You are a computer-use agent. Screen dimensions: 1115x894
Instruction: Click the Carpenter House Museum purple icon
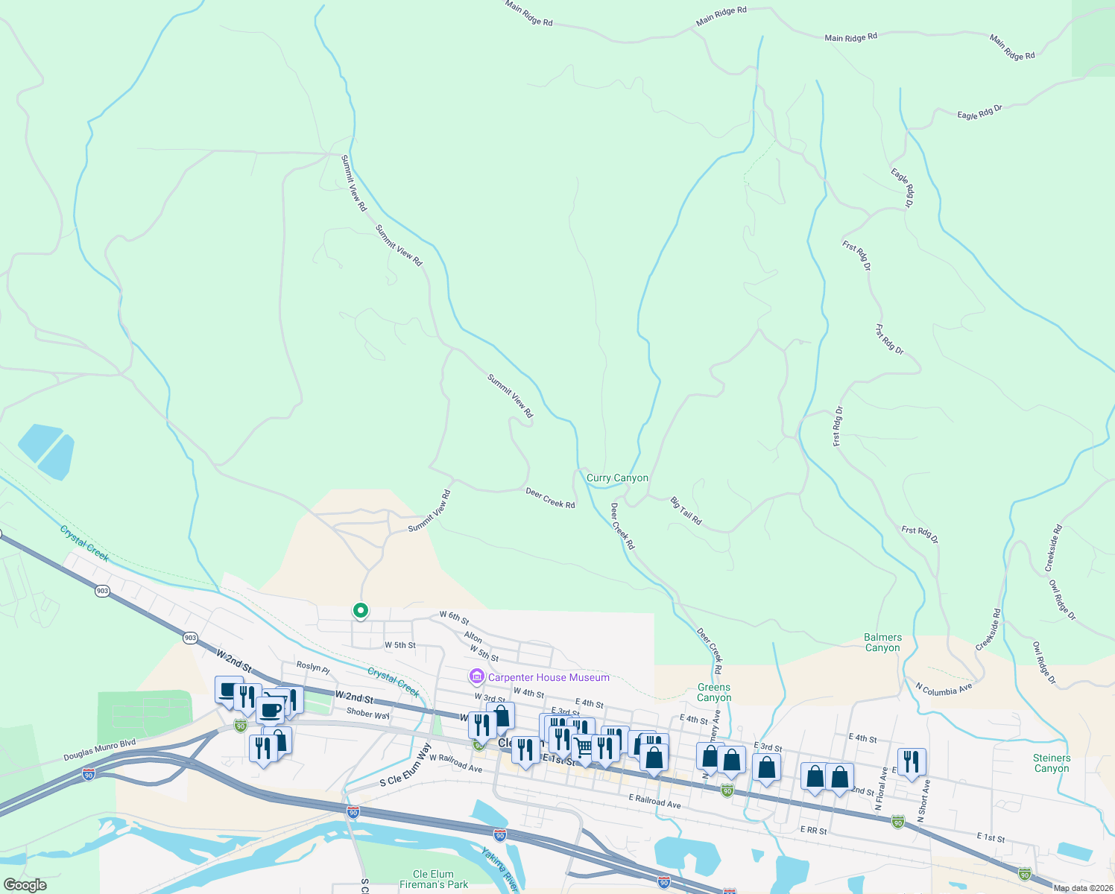click(x=476, y=677)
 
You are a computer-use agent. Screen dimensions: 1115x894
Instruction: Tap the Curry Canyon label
click(x=617, y=478)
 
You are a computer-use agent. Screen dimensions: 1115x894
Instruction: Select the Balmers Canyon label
click(x=882, y=642)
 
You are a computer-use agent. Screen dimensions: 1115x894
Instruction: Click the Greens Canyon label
click(x=714, y=692)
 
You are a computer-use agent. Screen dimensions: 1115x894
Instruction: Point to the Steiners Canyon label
click(x=1051, y=763)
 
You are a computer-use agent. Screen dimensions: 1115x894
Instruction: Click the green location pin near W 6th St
click(x=361, y=611)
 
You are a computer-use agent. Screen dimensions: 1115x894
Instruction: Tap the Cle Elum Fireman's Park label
click(x=433, y=879)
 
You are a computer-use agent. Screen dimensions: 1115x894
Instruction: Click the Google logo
click(x=25, y=885)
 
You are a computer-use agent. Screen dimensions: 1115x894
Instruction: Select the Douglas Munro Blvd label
click(x=99, y=750)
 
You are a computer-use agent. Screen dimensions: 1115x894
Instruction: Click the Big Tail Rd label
click(x=686, y=511)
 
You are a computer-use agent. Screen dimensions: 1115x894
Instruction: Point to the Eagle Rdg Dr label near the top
click(x=979, y=112)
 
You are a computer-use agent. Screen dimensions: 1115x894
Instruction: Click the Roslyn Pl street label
click(x=313, y=667)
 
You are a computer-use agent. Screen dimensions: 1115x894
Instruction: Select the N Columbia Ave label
click(x=944, y=689)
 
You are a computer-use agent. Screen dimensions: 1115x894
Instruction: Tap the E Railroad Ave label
click(x=654, y=801)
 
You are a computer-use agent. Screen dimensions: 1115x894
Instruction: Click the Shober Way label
click(x=368, y=714)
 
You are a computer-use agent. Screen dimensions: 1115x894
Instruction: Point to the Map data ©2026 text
click(x=1083, y=888)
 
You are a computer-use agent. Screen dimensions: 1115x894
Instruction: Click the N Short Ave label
click(x=924, y=801)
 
